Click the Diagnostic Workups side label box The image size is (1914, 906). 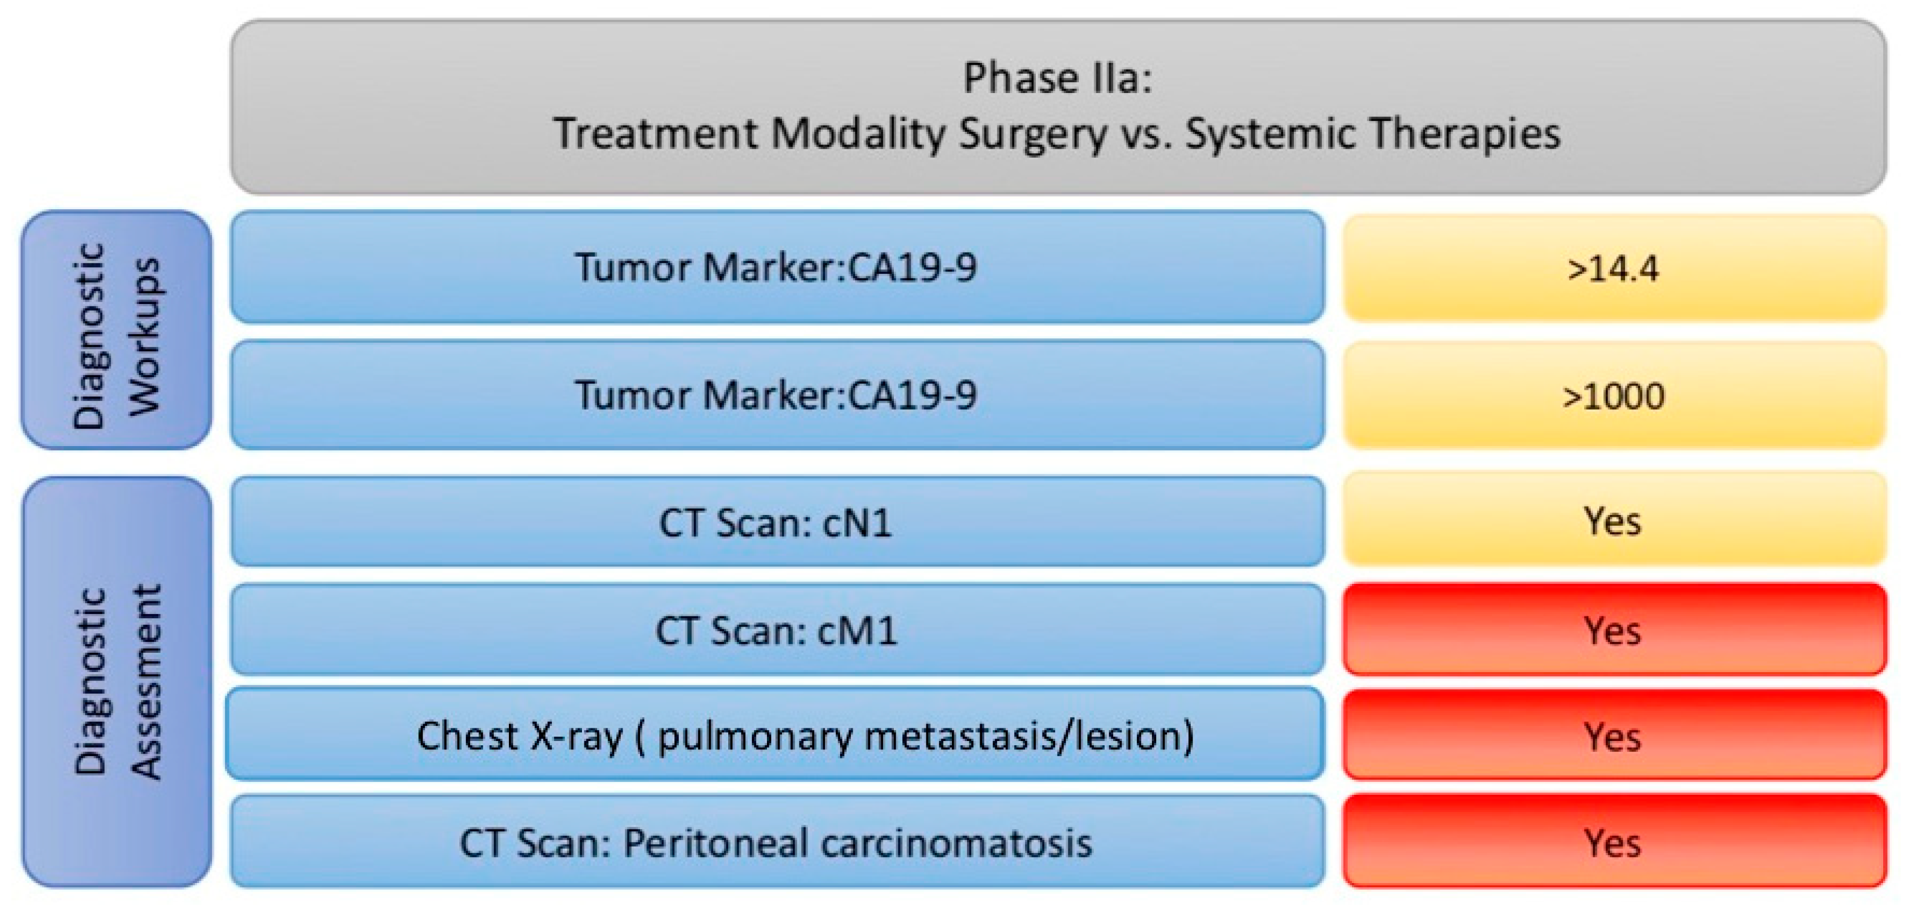tap(116, 330)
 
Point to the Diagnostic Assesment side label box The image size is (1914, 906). tap(117, 682)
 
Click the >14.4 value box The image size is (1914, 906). tap(1613, 268)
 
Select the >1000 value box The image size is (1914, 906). tap(1613, 395)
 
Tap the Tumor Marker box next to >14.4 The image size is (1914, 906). tap(777, 268)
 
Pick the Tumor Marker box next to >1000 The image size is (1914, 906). tap(777, 395)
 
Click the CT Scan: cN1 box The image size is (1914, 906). tap(777, 522)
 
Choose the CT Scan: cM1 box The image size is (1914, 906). tap(777, 630)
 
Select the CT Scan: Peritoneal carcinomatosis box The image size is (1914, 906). tap(777, 842)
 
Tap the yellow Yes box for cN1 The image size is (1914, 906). tap(1613, 520)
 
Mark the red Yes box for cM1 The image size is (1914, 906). tap(1613, 630)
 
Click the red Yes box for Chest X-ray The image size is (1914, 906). tap(1613, 736)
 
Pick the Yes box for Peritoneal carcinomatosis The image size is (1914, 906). tap(1613, 842)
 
